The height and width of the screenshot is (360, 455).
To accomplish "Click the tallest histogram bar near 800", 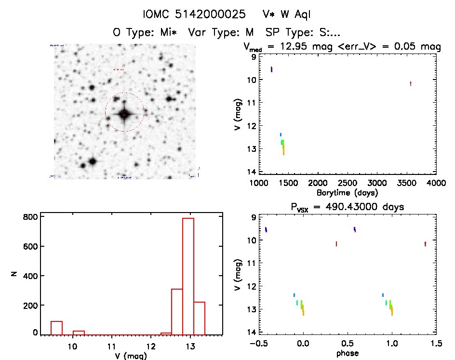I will click(x=187, y=275).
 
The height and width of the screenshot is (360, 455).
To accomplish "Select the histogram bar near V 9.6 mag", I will click(x=57, y=328).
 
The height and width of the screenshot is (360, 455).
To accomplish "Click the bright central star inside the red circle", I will click(x=124, y=114).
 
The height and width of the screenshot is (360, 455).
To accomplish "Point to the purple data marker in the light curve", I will click(x=272, y=69).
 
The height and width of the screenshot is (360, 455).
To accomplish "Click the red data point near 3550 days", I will click(x=410, y=83).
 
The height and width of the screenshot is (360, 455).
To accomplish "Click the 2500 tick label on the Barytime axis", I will click(x=347, y=184).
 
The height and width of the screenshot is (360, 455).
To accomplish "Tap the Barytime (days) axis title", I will click(x=347, y=193).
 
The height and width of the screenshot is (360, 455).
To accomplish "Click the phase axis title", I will click(x=347, y=353).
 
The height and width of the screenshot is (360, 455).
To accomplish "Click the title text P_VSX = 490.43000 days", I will click(x=347, y=207).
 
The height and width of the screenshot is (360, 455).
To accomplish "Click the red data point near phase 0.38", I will click(x=336, y=244).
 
